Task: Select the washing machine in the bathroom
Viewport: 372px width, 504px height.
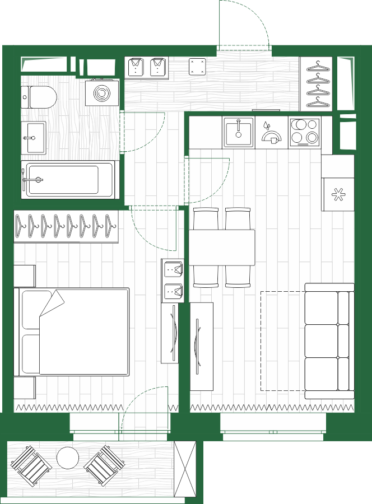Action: coord(102,92)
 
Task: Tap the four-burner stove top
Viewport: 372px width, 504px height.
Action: coord(305,132)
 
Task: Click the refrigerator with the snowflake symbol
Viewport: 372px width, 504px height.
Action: coord(337,194)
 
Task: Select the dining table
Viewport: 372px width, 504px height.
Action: coord(222,247)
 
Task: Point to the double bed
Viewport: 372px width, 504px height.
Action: coord(76,332)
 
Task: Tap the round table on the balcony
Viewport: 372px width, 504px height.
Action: coord(68,458)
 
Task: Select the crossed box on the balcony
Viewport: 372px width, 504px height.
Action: coord(185,469)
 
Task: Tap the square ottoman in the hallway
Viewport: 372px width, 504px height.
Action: coord(197,67)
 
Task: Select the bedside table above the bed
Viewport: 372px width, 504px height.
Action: coord(25,276)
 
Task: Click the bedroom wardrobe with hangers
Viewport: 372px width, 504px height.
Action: coord(67,226)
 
